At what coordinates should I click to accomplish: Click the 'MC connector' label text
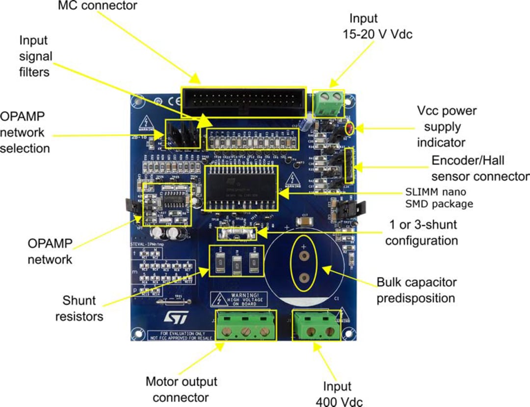point(98,6)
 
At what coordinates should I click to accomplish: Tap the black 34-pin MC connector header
point(244,102)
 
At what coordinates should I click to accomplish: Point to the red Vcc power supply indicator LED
point(350,129)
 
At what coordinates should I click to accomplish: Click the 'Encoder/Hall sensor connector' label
point(480,168)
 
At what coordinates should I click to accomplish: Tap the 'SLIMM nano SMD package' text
point(439,198)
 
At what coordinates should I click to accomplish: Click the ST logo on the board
point(172,319)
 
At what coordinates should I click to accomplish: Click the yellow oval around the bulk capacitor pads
point(304,264)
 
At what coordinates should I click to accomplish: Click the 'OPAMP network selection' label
point(26,133)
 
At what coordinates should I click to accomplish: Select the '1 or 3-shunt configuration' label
point(422,233)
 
